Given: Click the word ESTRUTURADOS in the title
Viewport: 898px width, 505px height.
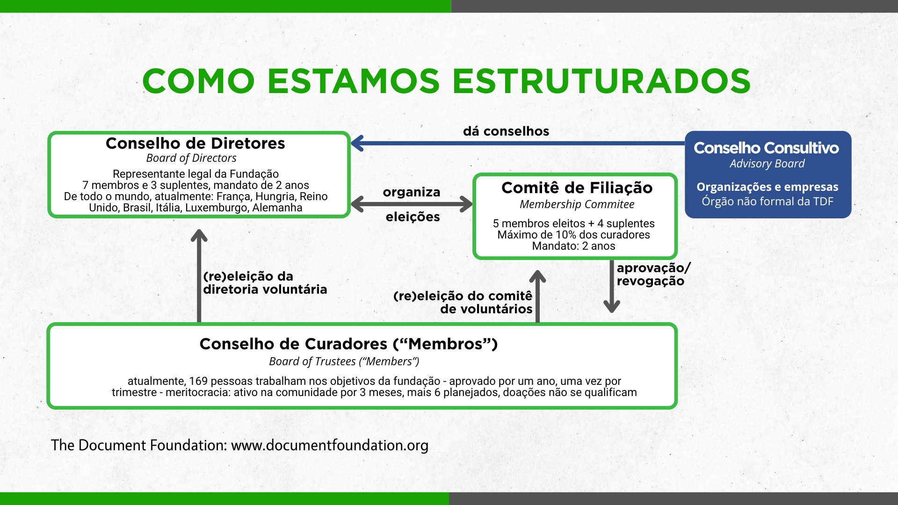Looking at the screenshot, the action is pos(601,81).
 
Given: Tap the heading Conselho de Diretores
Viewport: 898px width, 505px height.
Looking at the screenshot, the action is pos(196,143).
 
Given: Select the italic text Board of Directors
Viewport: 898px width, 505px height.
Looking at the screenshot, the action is pos(191,158).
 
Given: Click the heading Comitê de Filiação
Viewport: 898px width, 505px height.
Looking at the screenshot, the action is pos(577,188).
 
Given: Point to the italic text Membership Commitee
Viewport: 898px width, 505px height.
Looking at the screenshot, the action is pos(577,204).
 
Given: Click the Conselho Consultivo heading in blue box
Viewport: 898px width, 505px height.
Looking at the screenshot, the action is pos(766,148).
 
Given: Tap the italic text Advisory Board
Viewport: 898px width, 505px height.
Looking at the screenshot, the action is pos(767,164).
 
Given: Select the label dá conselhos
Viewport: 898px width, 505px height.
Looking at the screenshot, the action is pos(506,131).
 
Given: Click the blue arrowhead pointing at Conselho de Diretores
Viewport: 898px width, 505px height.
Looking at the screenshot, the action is pos(357,143).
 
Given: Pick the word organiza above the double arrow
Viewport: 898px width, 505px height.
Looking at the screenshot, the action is pos(412,192).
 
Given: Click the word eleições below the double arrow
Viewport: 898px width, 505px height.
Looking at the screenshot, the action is pos(413,217).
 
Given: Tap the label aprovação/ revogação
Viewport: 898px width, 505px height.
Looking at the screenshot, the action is pos(653,274).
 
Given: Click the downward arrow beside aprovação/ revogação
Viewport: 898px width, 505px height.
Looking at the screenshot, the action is pos(612,286).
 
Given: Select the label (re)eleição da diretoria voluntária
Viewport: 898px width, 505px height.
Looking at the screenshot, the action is pos(265,283).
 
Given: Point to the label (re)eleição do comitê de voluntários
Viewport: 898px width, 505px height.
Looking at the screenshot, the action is pos(463,303).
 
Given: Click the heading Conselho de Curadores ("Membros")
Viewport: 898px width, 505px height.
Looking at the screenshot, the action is pos(348,344).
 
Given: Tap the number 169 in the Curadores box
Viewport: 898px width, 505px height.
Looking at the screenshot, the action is pos(198,381).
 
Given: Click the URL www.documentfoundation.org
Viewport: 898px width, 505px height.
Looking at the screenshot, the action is pos(330,445).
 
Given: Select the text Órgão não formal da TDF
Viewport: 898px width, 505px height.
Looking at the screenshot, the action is pos(768,202).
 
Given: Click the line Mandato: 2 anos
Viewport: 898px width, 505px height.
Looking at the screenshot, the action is pos(573,246).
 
